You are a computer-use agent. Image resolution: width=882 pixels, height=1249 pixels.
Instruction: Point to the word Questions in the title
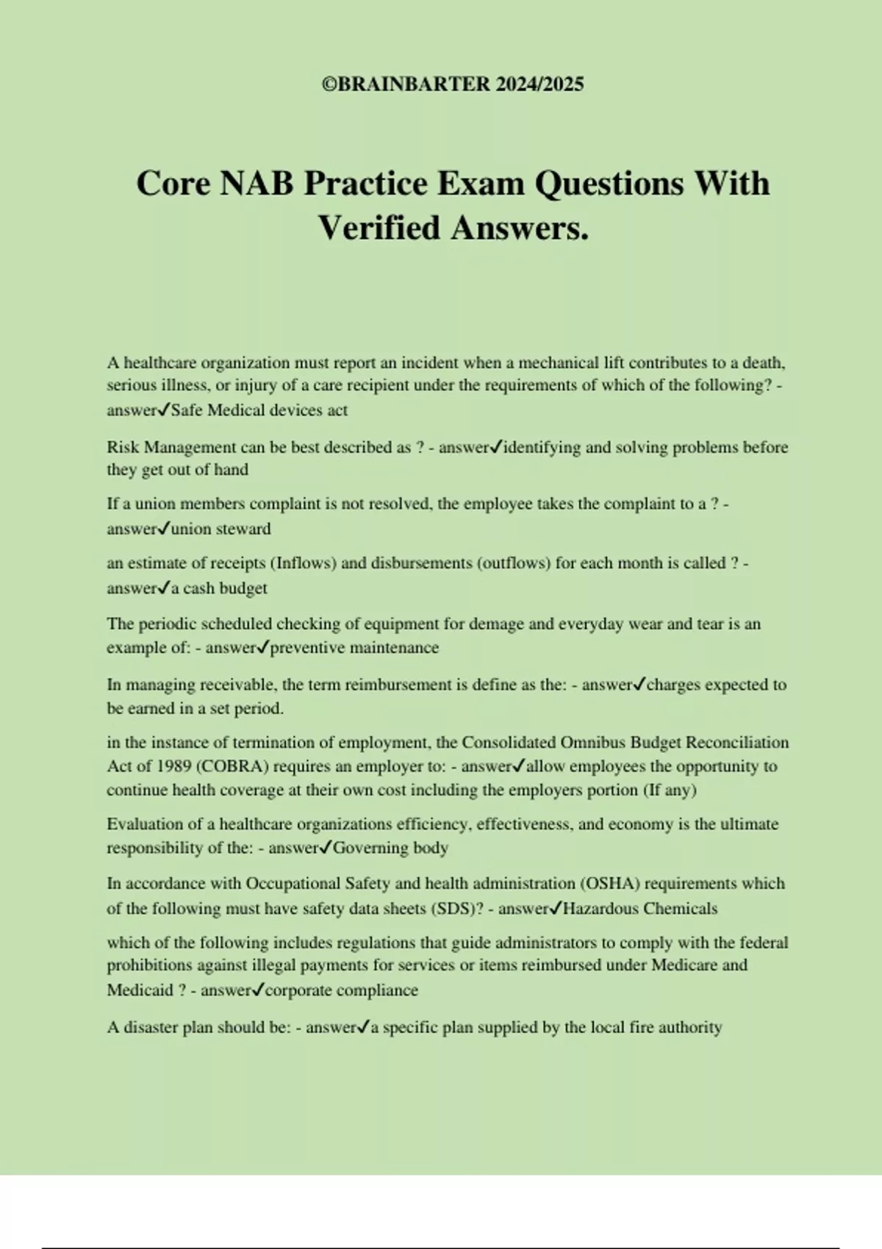tap(609, 184)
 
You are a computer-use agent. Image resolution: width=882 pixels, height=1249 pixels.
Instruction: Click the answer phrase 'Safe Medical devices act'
tap(259, 410)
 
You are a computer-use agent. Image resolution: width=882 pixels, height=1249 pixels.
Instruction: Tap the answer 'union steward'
tap(220, 529)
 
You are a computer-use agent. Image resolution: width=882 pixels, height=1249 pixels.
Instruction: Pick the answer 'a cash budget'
tap(219, 588)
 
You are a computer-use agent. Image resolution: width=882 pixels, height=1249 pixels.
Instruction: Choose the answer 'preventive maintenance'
tap(354, 648)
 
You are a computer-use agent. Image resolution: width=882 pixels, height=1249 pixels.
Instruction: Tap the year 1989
tap(172, 766)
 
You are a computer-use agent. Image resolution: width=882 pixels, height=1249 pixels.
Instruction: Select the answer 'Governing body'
tap(390, 848)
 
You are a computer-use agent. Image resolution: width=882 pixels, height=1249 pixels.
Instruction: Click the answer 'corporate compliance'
tap(341, 990)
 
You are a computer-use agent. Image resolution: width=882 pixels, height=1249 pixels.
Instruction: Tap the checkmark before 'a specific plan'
tap(362, 1026)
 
